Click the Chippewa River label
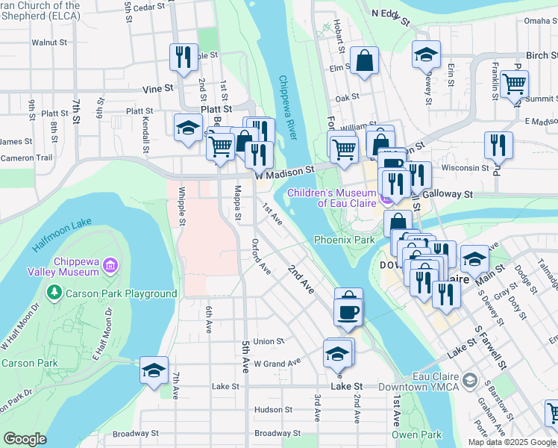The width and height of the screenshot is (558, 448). click(288, 108)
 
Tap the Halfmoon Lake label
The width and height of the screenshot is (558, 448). click(62, 235)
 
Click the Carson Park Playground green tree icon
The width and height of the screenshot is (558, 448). click(53, 293)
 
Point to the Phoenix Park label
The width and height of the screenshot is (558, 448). click(344, 240)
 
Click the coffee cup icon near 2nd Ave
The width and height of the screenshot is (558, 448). click(348, 310)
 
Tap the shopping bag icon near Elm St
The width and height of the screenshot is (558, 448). click(364, 63)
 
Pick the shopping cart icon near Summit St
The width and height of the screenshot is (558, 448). click(515, 84)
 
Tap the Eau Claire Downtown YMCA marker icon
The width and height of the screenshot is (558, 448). click(470, 381)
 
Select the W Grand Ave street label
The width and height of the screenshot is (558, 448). click(277, 363)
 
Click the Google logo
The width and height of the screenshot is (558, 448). click(26, 439)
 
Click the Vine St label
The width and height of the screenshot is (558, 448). click(157, 88)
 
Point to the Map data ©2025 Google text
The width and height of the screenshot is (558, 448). click(512, 442)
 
